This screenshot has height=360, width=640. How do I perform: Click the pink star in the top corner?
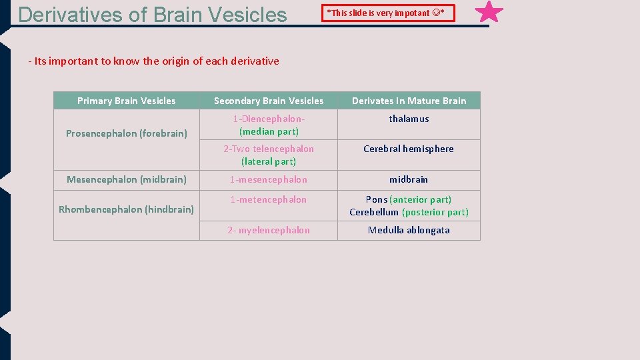pos(490,12)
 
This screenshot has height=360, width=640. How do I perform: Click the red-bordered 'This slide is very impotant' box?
pos(388,13)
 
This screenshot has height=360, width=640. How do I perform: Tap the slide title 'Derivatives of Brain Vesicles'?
pos(153,14)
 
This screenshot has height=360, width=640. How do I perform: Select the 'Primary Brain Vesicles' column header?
pos(126,101)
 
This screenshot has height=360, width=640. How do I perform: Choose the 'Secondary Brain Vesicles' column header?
pos(269,101)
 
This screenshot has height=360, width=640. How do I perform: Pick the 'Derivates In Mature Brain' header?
pos(409,101)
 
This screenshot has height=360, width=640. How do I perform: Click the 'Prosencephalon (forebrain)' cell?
pos(126,133)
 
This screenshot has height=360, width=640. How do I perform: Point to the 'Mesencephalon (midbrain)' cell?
pos(126,179)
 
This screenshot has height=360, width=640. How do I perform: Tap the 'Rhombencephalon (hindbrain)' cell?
pos(126,209)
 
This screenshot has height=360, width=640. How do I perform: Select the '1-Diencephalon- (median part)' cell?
pos(269,125)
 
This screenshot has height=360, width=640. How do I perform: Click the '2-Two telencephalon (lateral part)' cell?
pos(269,155)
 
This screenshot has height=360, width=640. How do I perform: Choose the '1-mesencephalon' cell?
pos(269,179)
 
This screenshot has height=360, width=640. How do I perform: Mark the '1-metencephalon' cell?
pos(269,199)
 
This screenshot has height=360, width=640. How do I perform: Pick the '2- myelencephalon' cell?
pos(269,230)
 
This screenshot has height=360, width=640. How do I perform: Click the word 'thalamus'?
pos(409,119)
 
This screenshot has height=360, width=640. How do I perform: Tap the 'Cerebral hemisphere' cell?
pos(409,149)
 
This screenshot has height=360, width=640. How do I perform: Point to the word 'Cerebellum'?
pos(374,212)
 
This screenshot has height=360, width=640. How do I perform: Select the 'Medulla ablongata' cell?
pos(409,230)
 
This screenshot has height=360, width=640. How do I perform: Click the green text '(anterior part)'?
pos(420,199)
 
